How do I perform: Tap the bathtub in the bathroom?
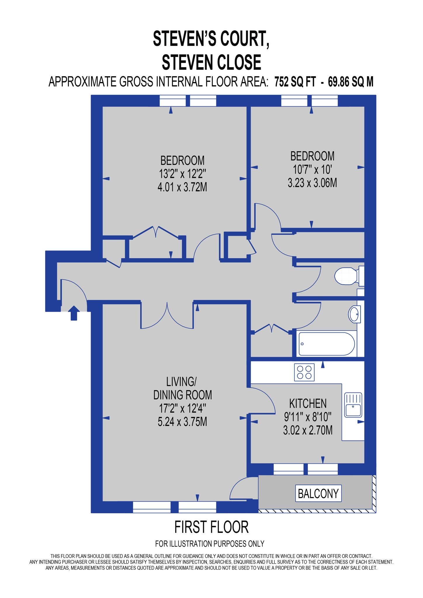(327, 344)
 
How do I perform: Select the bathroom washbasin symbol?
(354, 314)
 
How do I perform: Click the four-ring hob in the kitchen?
(304, 372)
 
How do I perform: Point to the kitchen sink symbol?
(353, 405)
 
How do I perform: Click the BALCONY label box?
(318, 493)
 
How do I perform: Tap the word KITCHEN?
(308, 404)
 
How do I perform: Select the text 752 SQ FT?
(295, 82)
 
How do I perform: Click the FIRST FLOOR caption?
(211, 527)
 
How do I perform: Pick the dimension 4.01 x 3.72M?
(182, 187)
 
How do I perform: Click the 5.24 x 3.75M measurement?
(182, 422)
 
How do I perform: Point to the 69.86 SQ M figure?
(351, 82)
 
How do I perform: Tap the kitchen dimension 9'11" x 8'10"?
(308, 417)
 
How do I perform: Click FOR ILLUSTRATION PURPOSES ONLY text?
(210, 544)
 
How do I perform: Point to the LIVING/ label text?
(181, 382)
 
